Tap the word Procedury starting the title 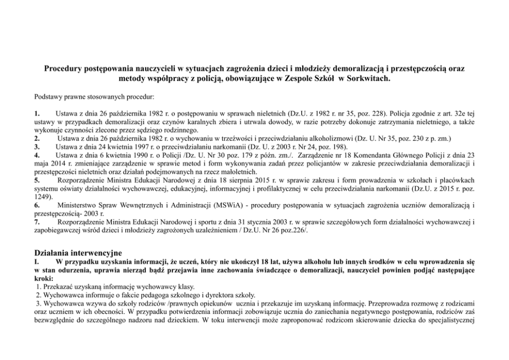pos(65,68)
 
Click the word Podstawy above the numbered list pos(48,96)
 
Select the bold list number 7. pos(36,222)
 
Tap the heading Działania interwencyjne pos(78,253)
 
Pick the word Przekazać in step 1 pos(60,286)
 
